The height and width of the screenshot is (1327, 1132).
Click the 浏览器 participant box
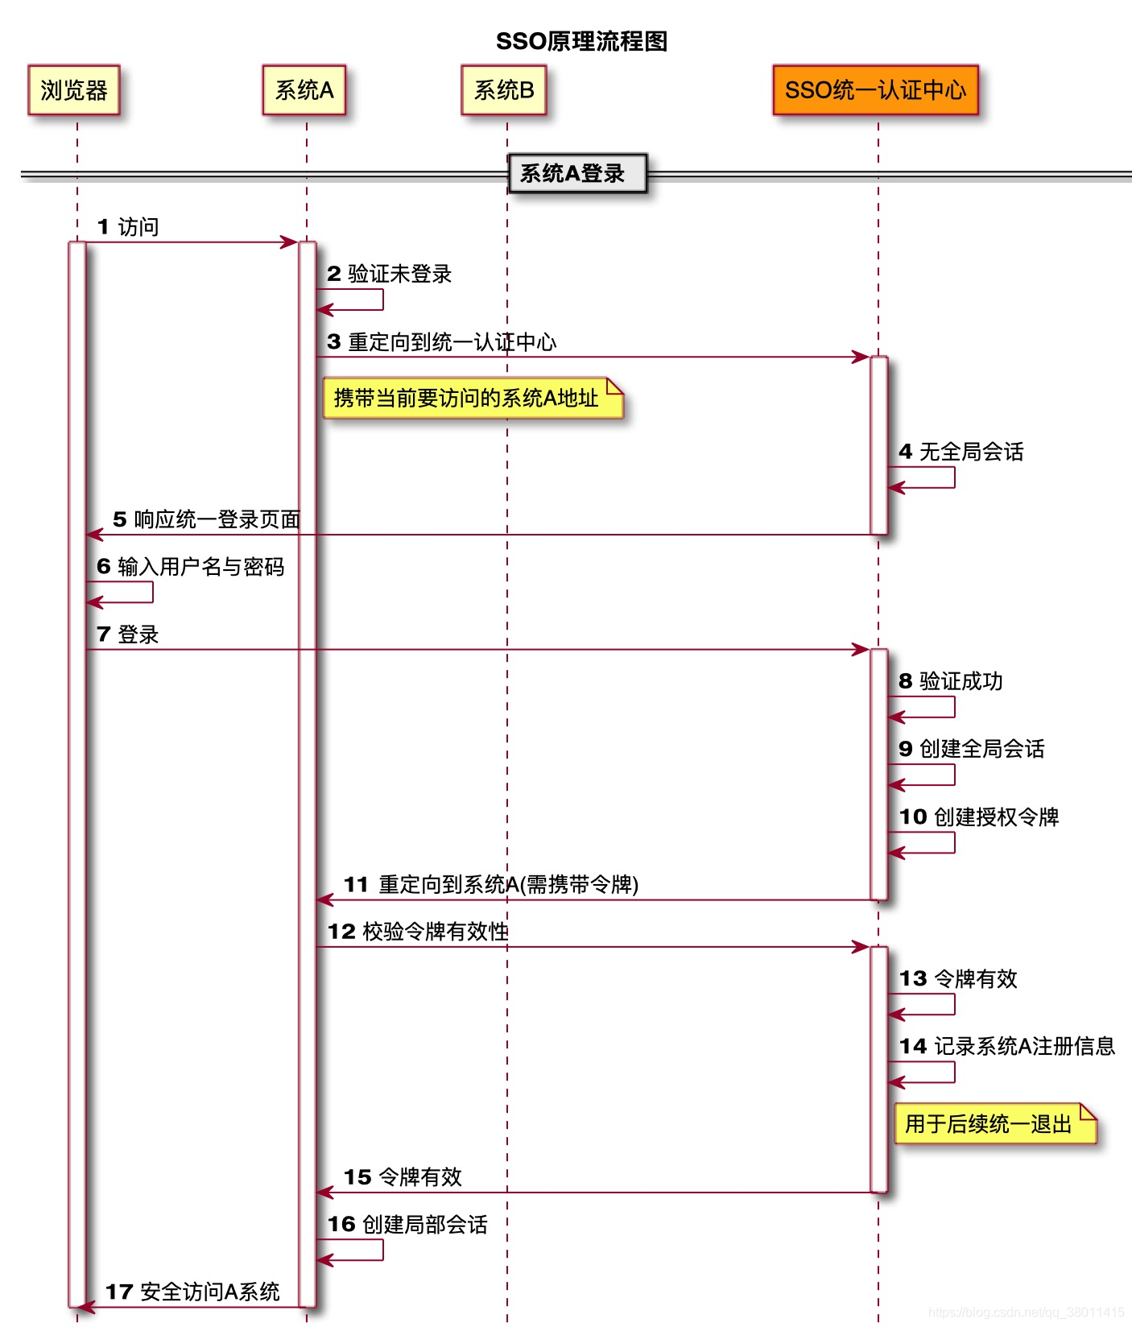point(74,90)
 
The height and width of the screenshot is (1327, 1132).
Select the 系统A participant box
point(304,90)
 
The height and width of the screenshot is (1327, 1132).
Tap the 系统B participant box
point(504,90)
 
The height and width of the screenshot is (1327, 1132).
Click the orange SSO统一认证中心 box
point(875,90)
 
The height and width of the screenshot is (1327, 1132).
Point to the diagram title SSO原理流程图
point(581,41)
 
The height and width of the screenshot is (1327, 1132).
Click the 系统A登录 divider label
point(576,173)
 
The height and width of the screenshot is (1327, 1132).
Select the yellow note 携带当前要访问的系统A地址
point(473,398)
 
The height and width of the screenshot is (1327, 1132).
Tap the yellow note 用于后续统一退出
point(995,1123)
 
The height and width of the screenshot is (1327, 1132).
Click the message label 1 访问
point(128,227)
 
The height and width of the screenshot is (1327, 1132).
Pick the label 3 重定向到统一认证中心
point(442,342)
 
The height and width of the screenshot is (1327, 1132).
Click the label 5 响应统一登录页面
point(206,519)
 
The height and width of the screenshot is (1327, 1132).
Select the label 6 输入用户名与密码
point(191,567)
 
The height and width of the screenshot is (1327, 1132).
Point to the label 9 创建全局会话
point(972,749)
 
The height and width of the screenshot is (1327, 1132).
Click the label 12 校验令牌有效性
point(418,932)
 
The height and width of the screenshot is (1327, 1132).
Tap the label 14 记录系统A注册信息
point(1006,1046)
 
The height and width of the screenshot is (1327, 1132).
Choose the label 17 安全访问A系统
point(192,1292)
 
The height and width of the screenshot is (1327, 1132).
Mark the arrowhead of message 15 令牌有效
point(324,1193)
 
